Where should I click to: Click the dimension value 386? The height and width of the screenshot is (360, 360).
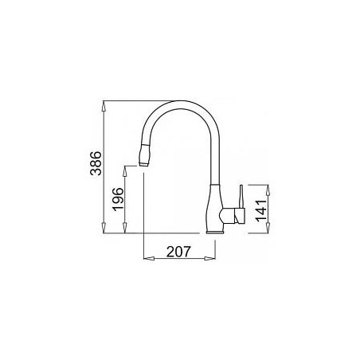(96, 163)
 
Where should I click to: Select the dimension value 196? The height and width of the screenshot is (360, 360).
(118, 199)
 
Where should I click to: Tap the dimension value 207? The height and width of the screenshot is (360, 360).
(178, 252)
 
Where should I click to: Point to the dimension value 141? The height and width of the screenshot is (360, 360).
(261, 210)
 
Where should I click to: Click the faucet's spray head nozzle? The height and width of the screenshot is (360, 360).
(144, 155)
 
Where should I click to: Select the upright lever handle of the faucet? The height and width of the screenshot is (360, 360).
(241, 197)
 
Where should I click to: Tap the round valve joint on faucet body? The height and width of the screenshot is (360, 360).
(224, 216)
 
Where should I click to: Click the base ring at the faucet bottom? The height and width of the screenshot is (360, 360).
(215, 233)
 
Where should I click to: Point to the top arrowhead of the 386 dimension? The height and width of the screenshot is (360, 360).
(104, 106)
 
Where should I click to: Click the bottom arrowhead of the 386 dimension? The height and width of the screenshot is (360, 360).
(104, 229)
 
